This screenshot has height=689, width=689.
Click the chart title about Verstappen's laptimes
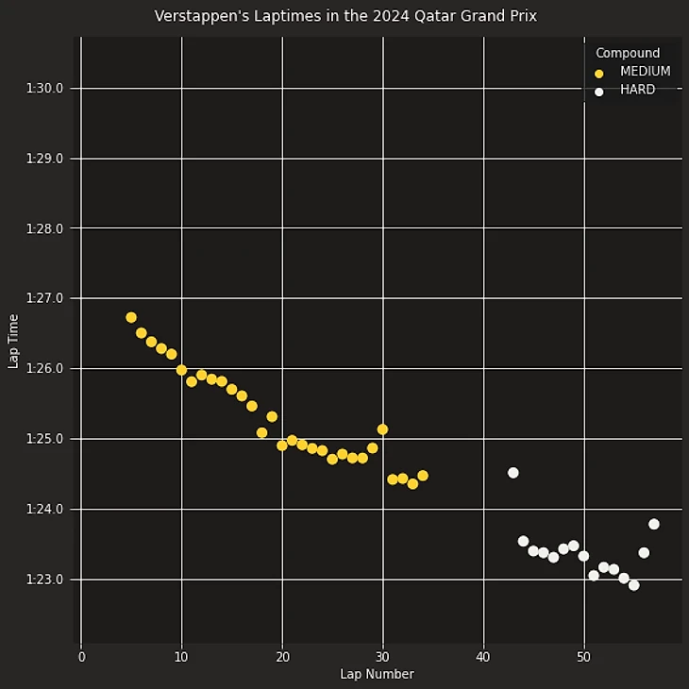[345, 16]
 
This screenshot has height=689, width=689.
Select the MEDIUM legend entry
[645, 72]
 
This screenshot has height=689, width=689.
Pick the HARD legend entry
[637, 91]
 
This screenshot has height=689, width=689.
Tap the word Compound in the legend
[628, 54]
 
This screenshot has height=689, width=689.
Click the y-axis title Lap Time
[13, 341]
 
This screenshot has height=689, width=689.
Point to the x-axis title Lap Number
[377, 674]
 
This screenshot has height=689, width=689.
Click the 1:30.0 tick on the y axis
[44, 89]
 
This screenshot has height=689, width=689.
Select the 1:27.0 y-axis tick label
[44, 298]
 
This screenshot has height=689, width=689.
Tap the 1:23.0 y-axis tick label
[44, 580]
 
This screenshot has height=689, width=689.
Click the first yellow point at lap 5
[131, 318]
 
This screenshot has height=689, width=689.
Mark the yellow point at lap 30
[382, 429]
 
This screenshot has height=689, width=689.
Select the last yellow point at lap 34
[423, 476]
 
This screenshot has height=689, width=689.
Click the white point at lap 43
[513, 473]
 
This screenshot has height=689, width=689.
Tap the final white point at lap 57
[654, 524]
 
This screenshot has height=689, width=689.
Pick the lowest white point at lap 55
[633, 585]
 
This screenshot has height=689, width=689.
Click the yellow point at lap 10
[181, 370]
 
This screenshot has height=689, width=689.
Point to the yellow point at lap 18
[261, 433]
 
